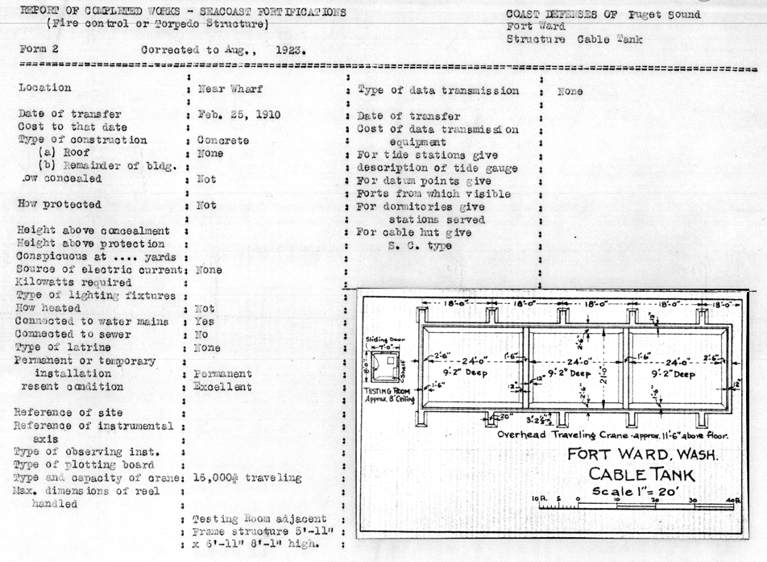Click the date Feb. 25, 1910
click(x=239, y=114)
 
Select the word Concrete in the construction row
click(x=223, y=140)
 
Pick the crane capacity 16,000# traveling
click(x=247, y=478)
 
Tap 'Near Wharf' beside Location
click(x=230, y=89)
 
